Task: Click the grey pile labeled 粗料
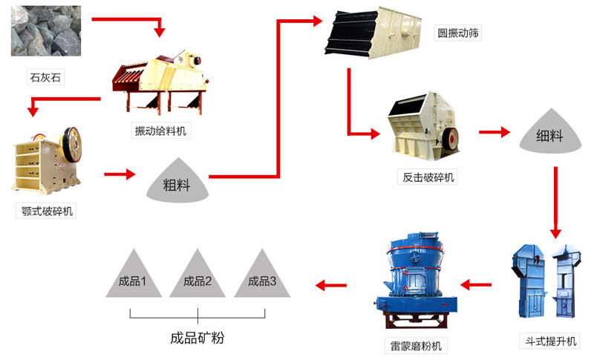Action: point(176,182)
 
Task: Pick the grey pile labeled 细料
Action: point(550,135)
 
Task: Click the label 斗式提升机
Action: point(549,341)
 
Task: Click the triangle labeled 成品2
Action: point(197,276)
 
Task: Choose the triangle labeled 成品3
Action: point(261,276)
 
